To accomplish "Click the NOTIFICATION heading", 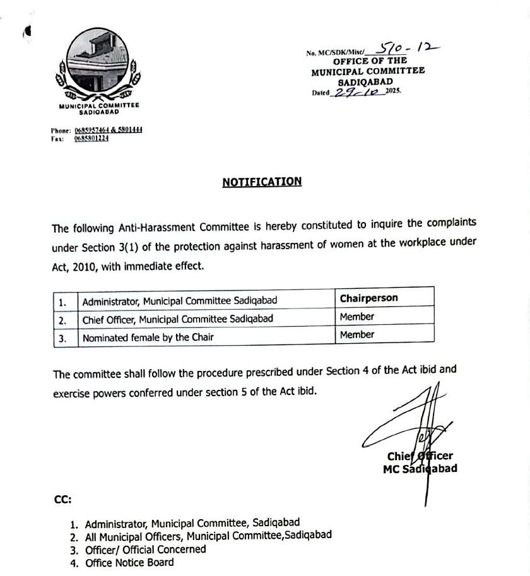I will [262, 182].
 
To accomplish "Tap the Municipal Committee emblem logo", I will [98, 66].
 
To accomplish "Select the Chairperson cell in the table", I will [368, 298].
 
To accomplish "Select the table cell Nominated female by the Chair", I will [148, 337].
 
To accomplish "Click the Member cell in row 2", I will [356, 317].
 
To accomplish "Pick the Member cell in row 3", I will [356, 335].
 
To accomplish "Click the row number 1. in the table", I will [63, 301].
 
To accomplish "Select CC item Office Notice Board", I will [129, 562].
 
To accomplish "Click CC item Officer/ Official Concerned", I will [145, 549].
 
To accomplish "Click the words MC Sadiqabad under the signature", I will [420, 469].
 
